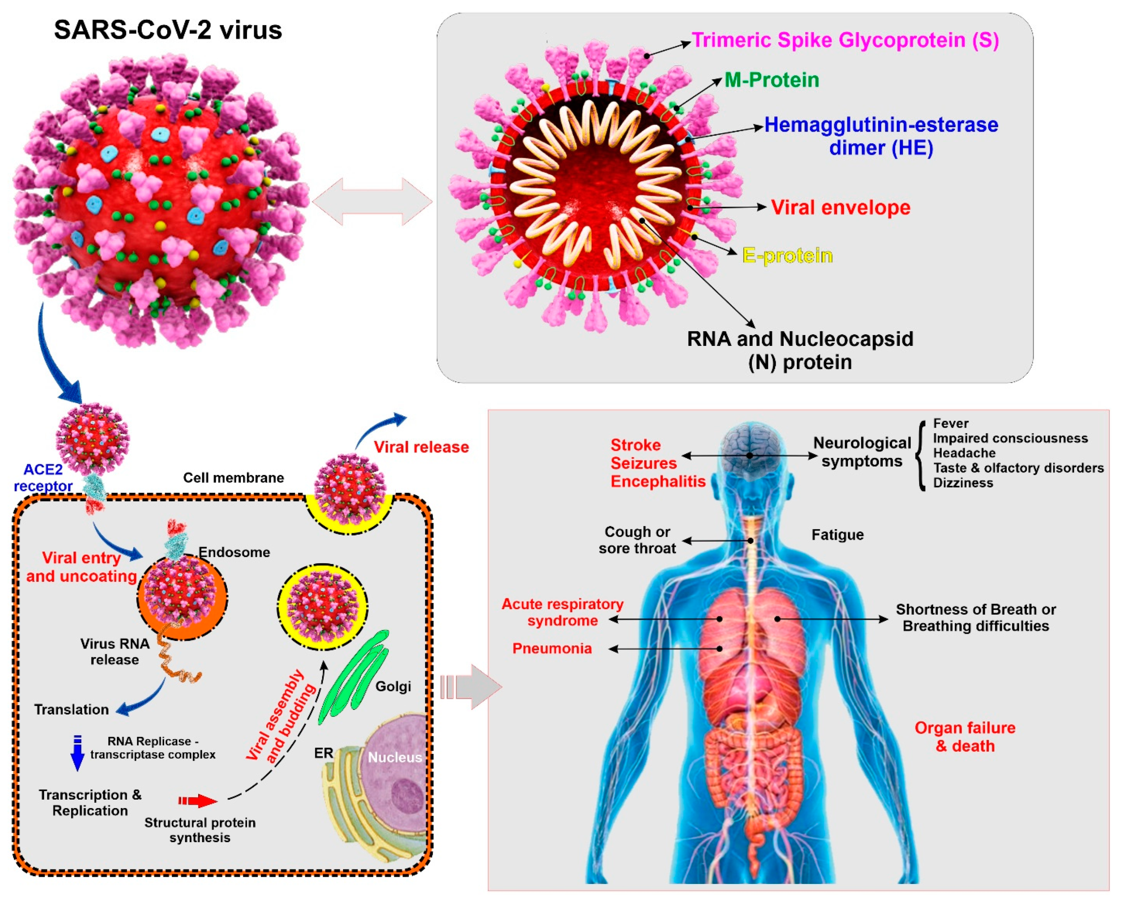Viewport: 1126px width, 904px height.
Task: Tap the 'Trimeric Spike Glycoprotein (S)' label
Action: (x=845, y=40)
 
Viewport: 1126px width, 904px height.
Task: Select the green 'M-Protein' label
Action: (x=771, y=80)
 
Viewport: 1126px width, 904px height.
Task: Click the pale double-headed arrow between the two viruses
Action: (x=372, y=201)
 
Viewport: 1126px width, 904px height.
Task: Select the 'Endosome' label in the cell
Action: (x=234, y=552)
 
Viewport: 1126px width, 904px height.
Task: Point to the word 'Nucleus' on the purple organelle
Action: (x=395, y=757)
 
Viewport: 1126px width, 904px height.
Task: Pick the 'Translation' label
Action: (x=72, y=709)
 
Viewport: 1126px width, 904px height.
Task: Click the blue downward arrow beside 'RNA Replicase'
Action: (x=77, y=753)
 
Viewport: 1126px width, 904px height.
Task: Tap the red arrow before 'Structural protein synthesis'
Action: (x=197, y=801)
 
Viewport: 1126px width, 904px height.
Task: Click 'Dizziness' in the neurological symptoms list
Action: (x=963, y=483)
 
